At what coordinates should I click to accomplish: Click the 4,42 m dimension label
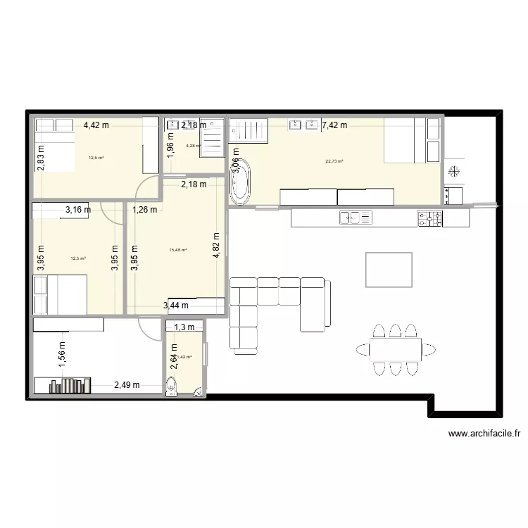96,125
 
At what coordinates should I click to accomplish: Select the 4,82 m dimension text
217,246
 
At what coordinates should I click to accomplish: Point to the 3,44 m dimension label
175,306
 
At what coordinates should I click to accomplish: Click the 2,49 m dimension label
127,385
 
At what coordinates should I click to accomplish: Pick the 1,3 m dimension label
184,327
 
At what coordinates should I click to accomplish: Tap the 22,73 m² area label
334,161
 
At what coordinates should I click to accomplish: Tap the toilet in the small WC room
171,388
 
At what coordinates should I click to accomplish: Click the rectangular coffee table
389,268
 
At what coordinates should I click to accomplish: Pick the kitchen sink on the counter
356,218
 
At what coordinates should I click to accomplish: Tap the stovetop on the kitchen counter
429,218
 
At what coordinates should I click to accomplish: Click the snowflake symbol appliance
454,171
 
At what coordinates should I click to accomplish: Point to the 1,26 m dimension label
144,208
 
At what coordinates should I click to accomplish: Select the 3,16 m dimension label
78,209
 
